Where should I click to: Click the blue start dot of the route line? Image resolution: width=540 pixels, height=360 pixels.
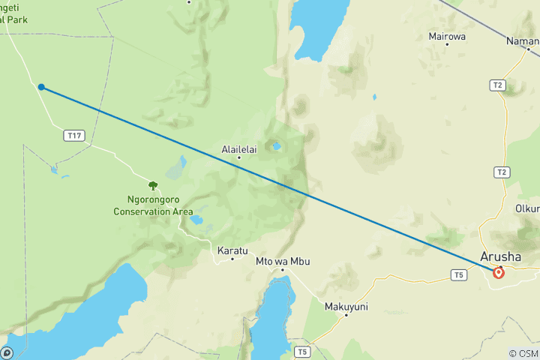tap(40, 87)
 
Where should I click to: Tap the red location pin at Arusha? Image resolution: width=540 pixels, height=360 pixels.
tap(498, 272)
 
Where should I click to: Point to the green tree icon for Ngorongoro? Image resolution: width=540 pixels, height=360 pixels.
tap(153, 185)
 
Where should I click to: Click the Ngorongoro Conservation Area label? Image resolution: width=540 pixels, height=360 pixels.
tap(153, 206)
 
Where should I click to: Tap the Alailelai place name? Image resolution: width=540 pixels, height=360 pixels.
tap(239, 149)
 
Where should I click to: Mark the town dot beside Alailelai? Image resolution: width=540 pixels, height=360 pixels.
tap(239, 157)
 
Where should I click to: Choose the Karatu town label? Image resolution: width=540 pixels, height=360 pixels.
tap(232, 250)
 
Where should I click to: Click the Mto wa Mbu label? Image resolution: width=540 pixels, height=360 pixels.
tap(283, 261)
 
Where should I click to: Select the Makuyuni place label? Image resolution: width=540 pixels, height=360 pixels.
tap(346, 306)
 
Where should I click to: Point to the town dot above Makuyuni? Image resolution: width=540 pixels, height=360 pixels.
tap(346, 315)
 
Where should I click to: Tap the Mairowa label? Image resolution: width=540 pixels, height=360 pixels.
tap(447, 35)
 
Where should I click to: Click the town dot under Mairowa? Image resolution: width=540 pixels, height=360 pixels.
tap(447, 44)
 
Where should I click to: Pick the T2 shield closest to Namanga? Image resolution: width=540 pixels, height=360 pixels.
tap(497, 85)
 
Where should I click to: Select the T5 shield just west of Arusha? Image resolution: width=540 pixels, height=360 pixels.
tap(459, 275)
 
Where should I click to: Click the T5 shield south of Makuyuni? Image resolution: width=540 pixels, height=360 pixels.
tap(301, 351)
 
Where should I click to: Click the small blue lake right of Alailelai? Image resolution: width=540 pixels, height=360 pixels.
tap(277, 146)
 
